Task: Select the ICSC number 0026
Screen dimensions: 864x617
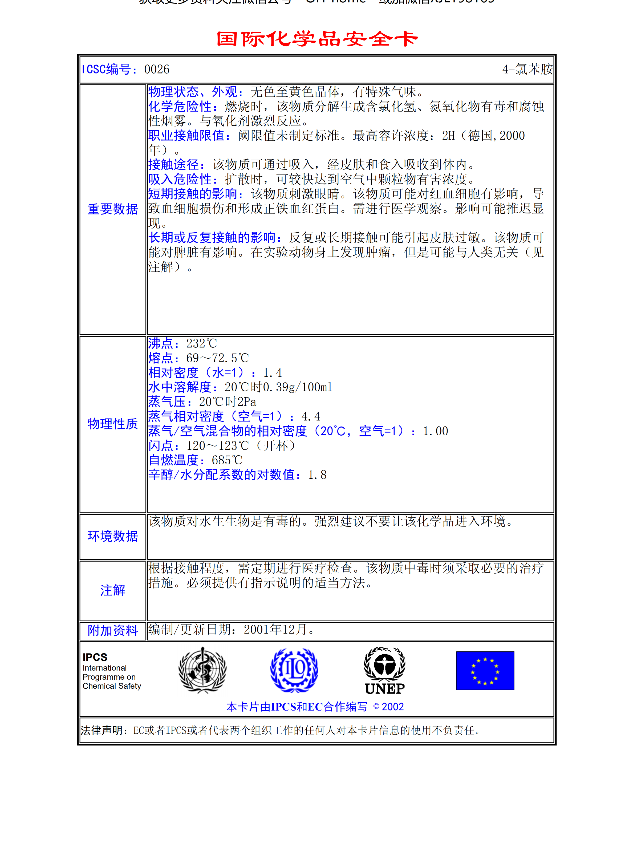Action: (157, 70)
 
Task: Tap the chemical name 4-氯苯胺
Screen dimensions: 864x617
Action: (527, 70)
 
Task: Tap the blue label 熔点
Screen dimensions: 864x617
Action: (160, 358)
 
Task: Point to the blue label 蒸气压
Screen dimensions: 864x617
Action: (167, 402)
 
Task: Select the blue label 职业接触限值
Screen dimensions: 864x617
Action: (186, 136)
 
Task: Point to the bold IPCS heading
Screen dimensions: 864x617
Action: (95, 657)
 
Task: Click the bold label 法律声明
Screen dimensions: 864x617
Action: (102, 730)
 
